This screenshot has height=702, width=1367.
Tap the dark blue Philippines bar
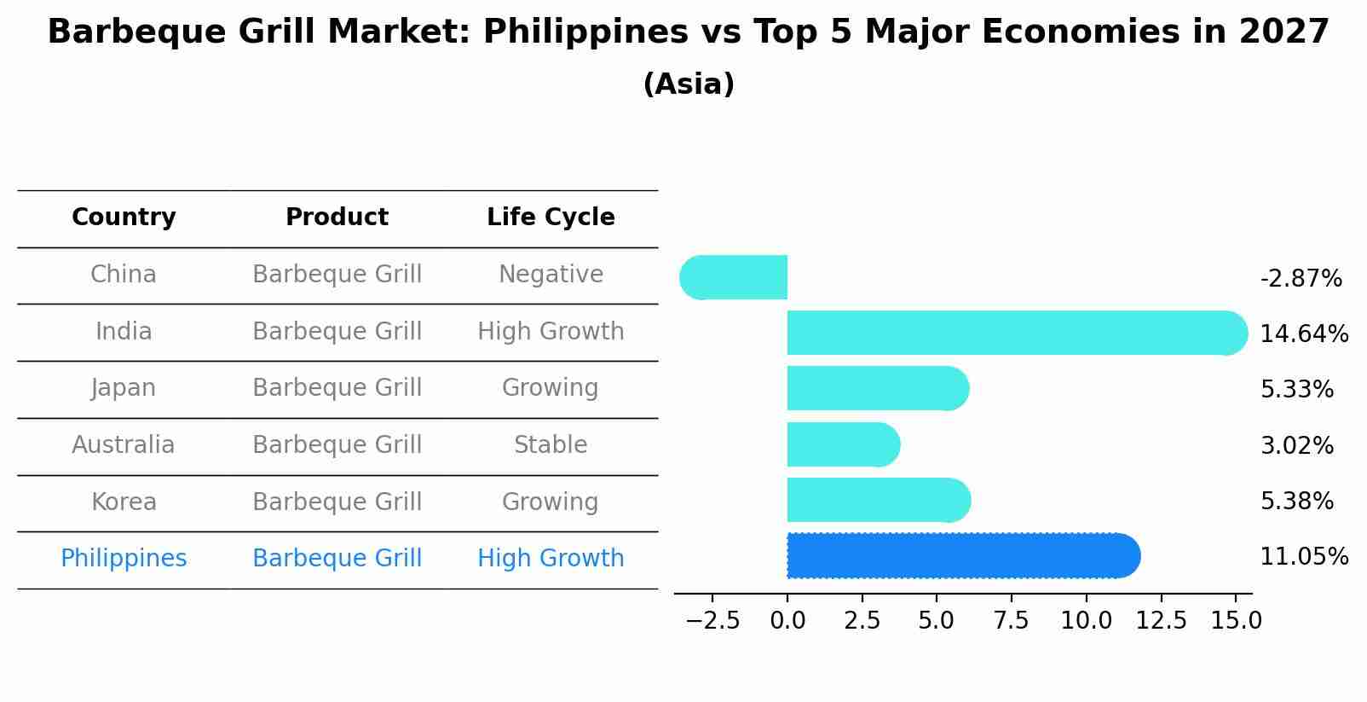pos(963,556)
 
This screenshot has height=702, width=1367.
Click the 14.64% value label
pos(1303,334)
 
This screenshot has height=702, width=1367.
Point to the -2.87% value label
pos(1301,279)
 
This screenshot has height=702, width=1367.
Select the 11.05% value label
pos(1303,557)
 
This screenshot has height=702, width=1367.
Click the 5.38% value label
pos(1296,502)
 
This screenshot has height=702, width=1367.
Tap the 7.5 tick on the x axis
pos(1011,621)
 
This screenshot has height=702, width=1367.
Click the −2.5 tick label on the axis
pos(712,621)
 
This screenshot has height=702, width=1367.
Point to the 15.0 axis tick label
pos(1236,621)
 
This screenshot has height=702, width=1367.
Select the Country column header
pos(124,218)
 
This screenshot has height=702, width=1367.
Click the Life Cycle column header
pos(551,218)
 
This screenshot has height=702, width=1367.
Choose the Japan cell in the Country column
pos(124,388)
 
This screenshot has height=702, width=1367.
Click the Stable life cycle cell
pos(551,445)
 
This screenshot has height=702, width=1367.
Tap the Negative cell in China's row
pos(551,275)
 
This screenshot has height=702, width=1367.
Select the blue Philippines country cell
pos(124,559)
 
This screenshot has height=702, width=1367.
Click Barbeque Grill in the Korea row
pos(337,502)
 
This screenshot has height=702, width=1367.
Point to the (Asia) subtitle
pos(688,84)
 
